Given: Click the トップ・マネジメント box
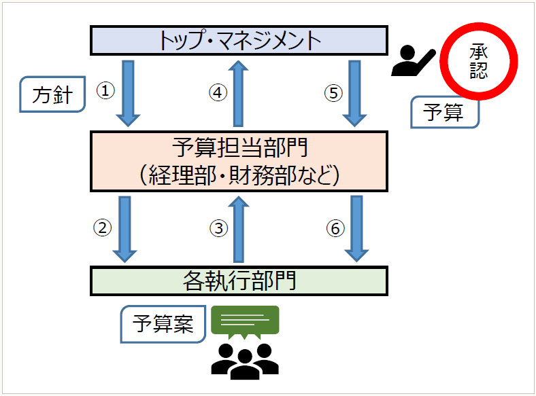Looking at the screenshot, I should tap(239, 40).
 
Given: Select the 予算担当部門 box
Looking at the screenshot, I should tap(239, 161).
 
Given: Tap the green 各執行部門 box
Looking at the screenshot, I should tap(239, 281).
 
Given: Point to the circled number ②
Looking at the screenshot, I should tap(103, 228).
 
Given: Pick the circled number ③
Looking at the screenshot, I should tap(218, 229).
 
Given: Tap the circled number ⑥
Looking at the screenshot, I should tap(333, 229).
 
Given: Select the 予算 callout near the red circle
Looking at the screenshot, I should tap(444, 113).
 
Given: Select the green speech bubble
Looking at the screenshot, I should tap(246, 321).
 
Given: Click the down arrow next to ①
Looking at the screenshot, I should tap(129, 93).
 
